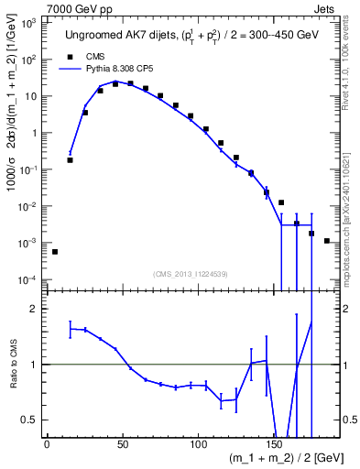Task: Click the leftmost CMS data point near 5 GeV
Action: (55, 251)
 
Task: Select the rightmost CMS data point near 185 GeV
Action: (327, 241)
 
